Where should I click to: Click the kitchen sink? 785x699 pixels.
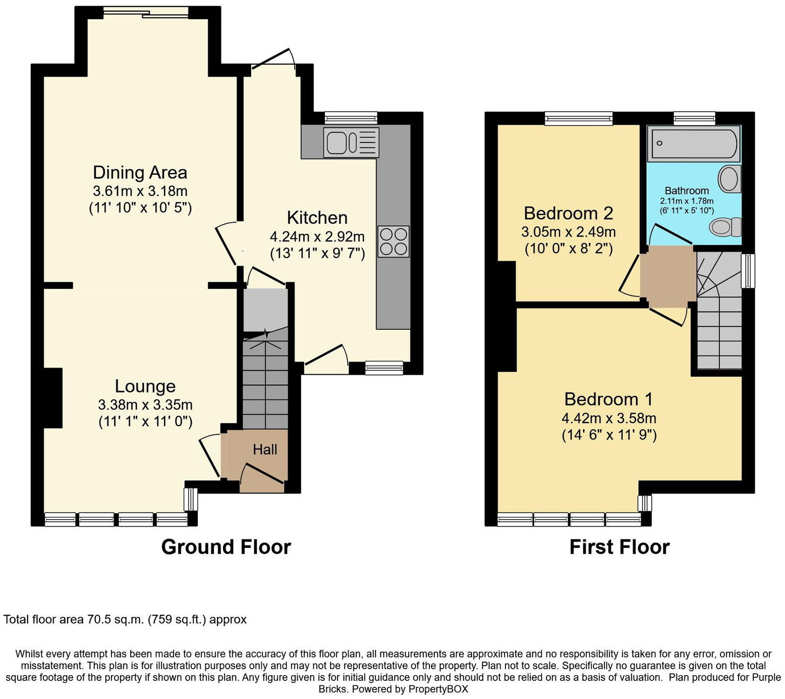(352, 142)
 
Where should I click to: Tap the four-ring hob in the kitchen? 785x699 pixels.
(394, 242)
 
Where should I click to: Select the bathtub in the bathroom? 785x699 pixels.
(694, 143)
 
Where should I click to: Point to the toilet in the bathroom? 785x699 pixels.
(725, 227)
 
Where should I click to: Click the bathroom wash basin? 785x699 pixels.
(730, 178)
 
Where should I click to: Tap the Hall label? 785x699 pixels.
(265, 450)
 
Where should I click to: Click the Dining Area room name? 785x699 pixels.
(140, 173)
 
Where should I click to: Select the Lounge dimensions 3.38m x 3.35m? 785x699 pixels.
(145, 405)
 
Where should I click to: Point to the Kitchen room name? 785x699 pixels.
(317, 218)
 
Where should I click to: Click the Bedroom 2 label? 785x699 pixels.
(569, 213)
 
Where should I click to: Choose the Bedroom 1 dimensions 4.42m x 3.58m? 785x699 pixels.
(609, 418)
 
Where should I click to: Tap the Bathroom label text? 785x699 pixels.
(687, 190)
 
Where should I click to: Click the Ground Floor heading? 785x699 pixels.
(226, 547)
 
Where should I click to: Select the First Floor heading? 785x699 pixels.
(620, 547)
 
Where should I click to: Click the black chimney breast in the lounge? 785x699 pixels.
(52, 398)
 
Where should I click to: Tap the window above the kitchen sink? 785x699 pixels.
(352, 118)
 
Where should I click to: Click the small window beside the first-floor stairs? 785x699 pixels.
(748, 271)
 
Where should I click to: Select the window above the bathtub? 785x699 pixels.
(695, 118)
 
